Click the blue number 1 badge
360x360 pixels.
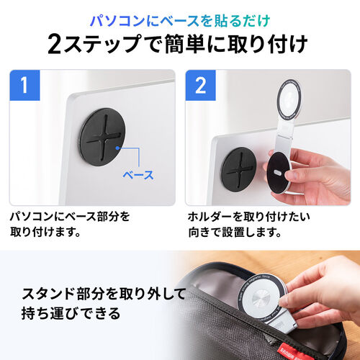click(x=24, y=87)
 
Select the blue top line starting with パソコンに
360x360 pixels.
click(x=179, y=15)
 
